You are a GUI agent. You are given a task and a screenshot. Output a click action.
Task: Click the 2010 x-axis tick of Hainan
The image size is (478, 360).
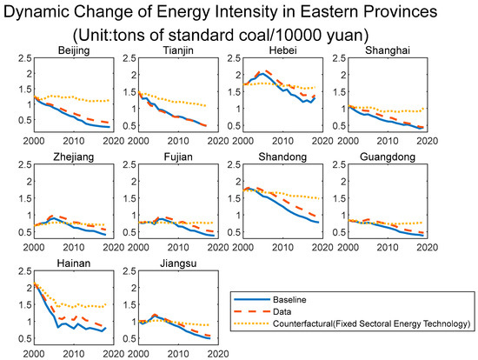click(76, 356)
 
